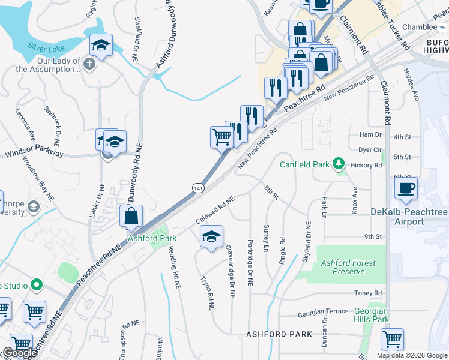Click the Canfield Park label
coord(305,164)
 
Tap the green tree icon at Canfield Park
coord(339,163)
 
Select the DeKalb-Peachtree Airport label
coord(414,217)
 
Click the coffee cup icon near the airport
coord(406,188)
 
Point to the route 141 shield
coord(197,188)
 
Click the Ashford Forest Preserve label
coord(349,267)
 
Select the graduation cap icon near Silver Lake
coord(101,45)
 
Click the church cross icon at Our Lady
coord(90,64)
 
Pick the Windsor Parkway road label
coord(34,154)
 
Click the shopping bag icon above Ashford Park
coord(131,216)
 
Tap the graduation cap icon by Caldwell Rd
coord(211,237)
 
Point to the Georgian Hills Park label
coord(370,315)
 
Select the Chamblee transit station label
coord(420,27)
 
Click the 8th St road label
coord(271,193)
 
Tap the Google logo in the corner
coord(20,353)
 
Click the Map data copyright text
coord(411,355)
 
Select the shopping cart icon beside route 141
coord(221,137)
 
